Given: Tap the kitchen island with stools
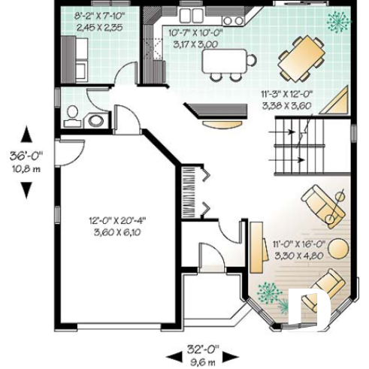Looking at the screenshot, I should pos(225,60).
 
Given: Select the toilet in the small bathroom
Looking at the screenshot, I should pos(73,114).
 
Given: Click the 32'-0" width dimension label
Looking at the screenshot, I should pos(202,349).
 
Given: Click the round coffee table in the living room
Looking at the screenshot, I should pos(339,247).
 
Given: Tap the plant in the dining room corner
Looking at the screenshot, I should pos(334,21).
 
